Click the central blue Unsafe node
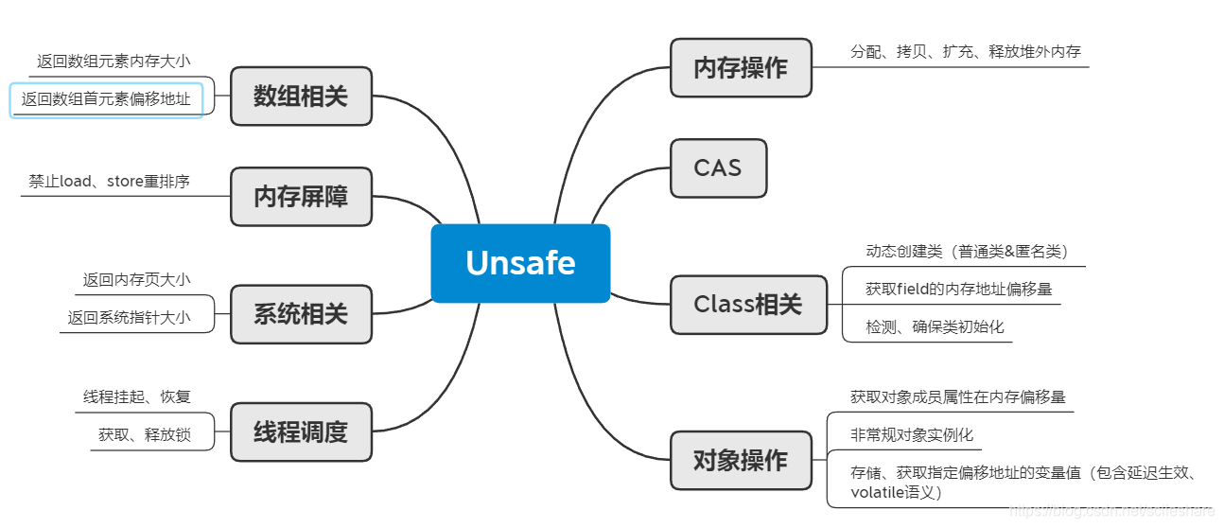(520, 263)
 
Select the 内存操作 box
(741, 67)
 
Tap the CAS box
(718, 168)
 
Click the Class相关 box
(747, 305)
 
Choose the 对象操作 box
(741, 461)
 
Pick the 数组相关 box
(301, 96)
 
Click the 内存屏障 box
(301, 197)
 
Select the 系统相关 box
(301, 314)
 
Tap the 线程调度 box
(301, 432)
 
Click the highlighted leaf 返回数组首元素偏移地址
(106, 99)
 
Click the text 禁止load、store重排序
(109, 181)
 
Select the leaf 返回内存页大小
(136, 279)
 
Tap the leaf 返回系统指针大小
(129, 318)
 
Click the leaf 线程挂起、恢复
(136, 396)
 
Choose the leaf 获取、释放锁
(144, 435)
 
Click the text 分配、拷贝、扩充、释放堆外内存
(965, 52)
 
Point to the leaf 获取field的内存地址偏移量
(958, 289)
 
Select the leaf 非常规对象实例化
(911, 435)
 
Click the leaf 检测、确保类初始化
(935, 326)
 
